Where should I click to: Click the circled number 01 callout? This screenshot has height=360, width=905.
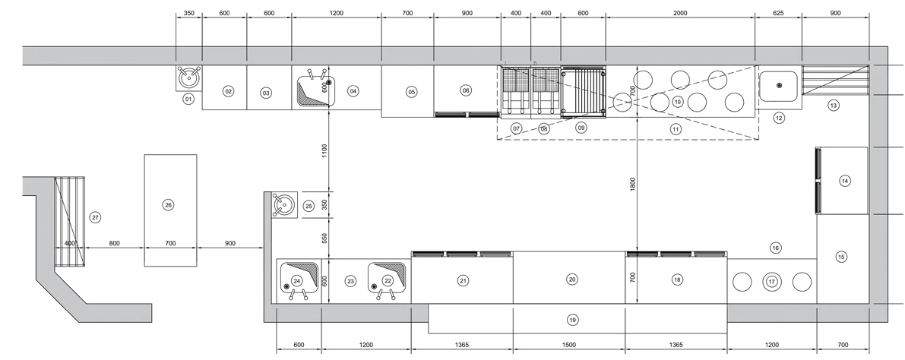188,99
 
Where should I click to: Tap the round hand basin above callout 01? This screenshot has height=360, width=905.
189,77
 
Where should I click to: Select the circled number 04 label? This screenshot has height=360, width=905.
353,90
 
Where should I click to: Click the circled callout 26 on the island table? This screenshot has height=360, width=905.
168,205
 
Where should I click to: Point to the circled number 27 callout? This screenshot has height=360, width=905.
95,217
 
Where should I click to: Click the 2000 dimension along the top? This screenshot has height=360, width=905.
680,13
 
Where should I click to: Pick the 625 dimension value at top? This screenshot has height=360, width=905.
778,13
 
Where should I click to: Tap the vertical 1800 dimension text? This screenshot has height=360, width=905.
632,185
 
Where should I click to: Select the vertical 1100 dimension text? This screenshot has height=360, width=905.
324,150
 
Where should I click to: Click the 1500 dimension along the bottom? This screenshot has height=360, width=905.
568,345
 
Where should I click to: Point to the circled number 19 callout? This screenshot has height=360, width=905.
572,320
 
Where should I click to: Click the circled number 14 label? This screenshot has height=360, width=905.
845,182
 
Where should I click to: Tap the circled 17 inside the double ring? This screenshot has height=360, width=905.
772,282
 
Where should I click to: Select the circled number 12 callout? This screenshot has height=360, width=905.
779,118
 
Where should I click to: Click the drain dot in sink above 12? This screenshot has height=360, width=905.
779,85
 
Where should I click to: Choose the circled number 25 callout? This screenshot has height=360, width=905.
309,205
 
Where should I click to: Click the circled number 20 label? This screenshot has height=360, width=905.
572,279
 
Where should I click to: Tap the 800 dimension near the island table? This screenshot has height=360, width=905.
114,244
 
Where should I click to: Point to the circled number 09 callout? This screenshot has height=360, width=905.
581,128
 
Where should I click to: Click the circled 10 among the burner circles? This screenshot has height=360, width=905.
678,102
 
